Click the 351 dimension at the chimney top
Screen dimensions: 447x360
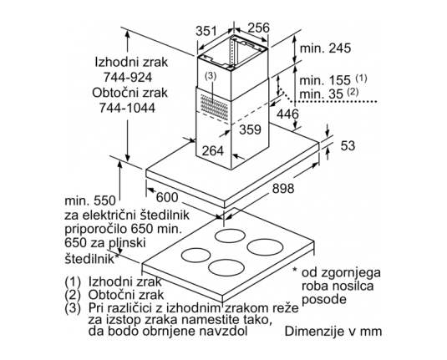coord(206,31)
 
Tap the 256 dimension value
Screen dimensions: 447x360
coord(258,28)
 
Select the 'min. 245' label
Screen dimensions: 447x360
coord(325,48)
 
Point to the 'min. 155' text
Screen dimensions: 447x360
coord(325,80)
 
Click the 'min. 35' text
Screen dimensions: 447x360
coord(322,94)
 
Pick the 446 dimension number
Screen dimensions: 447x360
coord(287,114)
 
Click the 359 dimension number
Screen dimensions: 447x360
coord(250,129)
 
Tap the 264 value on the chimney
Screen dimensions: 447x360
coord(213,150)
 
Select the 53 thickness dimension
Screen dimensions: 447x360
coord(348,145)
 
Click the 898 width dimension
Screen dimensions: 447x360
coord(283,189)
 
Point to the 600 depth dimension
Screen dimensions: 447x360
coord(167,197)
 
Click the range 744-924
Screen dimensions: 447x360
coord(128,77)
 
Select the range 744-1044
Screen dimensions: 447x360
coord(128,108)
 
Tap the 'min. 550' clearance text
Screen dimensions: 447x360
coord(90,201)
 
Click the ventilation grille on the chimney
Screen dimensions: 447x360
coord(215,107)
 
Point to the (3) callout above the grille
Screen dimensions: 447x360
coord(211,76)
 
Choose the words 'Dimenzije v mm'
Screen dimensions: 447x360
coord(333,332)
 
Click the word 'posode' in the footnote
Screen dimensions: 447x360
coord(324,300)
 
